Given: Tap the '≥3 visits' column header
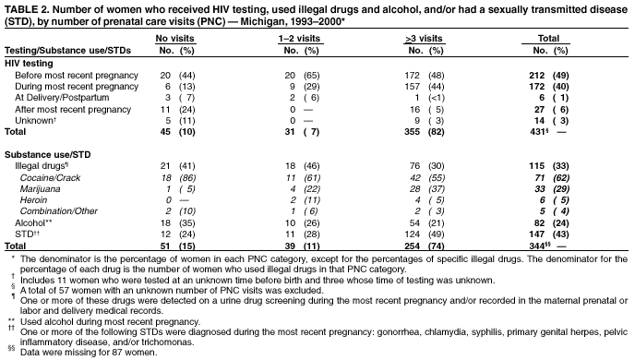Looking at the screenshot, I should [x=425, y=38].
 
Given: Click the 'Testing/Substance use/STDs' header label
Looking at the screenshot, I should [x=59, y=50].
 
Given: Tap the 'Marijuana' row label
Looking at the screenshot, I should [x=42, y=187].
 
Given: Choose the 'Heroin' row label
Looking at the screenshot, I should [x=34, y=199].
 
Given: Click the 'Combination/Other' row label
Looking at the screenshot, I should [x=57, y=211].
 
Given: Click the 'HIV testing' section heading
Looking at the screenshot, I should [x=28, y=62].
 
